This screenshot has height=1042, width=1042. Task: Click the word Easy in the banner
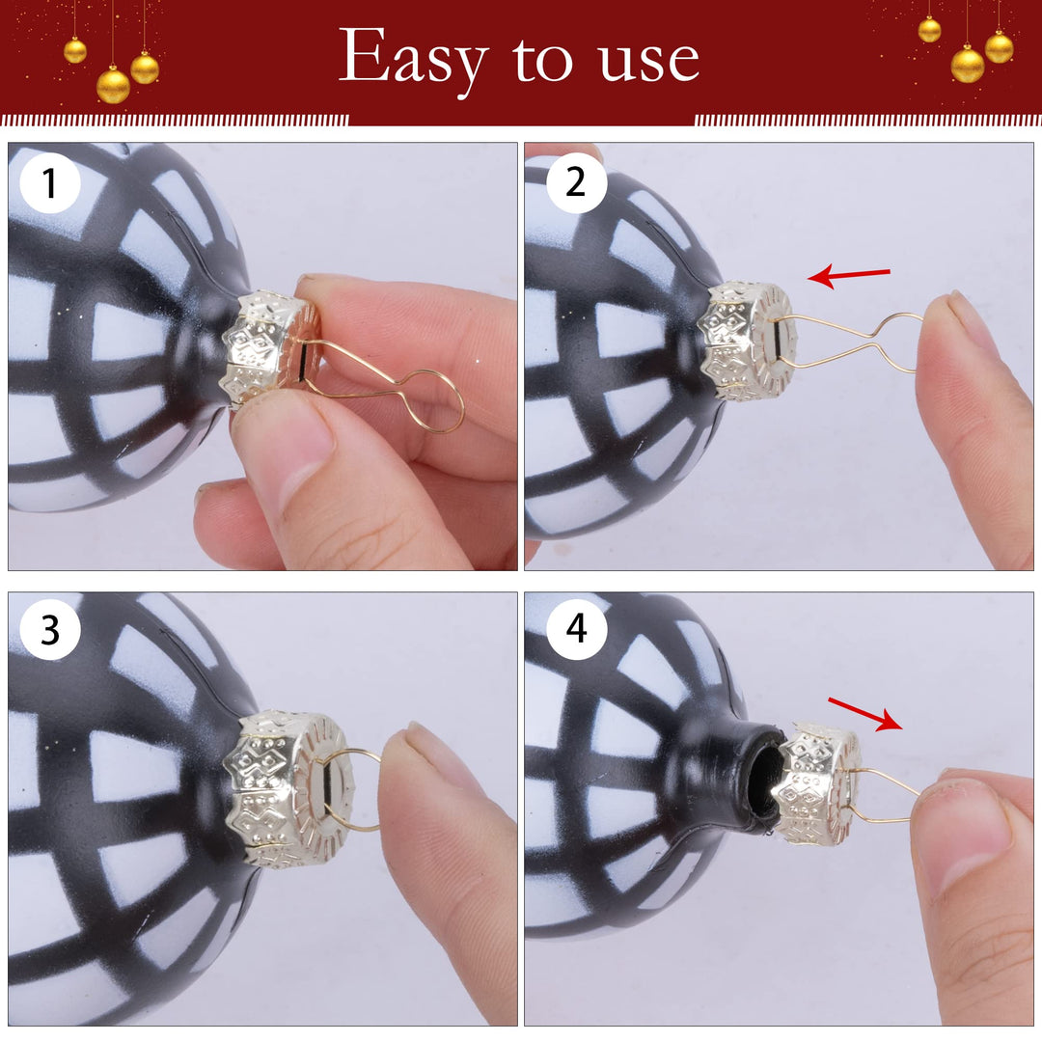click(x=413, y=59)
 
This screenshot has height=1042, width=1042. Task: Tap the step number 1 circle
click(x=50, y=182)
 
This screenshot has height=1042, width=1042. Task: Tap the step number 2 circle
click(x=576, y=182)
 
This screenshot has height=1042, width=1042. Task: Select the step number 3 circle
click(x=50, y=629)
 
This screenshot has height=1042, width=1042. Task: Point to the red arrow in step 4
click(x=865, y=714)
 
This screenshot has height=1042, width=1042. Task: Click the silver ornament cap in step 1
click(x=269, y=347)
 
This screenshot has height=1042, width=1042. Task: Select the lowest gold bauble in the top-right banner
click(x=968, y=66)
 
